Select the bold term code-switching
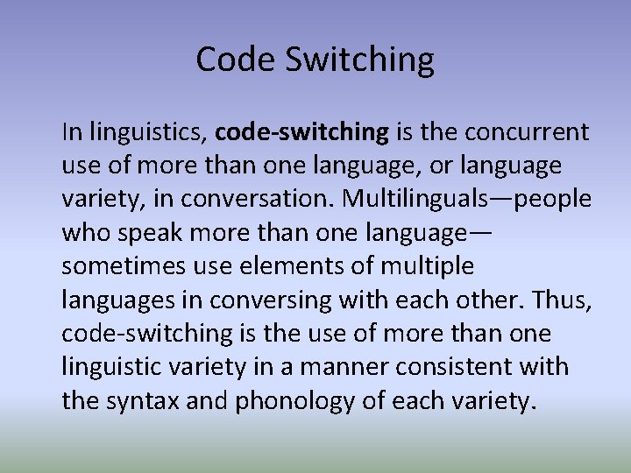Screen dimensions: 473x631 [x=301, y=132]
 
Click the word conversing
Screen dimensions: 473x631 [x=283, y=300]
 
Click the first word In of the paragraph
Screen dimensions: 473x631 [x=71, y=132]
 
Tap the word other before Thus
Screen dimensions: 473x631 [x=494, y=299]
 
